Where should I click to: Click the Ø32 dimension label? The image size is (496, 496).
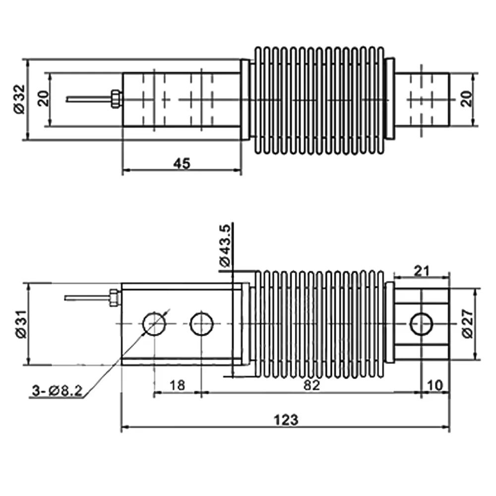click(19, 100)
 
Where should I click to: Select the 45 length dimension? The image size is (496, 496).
click(182, 164)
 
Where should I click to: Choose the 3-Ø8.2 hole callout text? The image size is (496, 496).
click(56, 391)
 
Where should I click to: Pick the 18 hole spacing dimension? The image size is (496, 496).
click(177, 385)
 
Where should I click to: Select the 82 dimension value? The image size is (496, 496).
click(311, 385)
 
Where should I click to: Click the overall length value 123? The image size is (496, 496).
click(286, 420)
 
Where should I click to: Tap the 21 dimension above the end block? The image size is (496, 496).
click(421, 270)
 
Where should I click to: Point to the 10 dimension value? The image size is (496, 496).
click(435, 385)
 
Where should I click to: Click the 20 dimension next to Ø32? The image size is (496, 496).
click(44, 99)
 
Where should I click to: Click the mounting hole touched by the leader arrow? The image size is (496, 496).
click(154, 324)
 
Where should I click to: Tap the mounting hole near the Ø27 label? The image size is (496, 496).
click(422, 324)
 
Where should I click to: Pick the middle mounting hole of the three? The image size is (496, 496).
click(201, 324)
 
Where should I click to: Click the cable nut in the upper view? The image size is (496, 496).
click(115, 99)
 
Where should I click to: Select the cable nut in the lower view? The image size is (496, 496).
click(114, 298)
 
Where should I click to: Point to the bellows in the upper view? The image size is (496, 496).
click(318, 99)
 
